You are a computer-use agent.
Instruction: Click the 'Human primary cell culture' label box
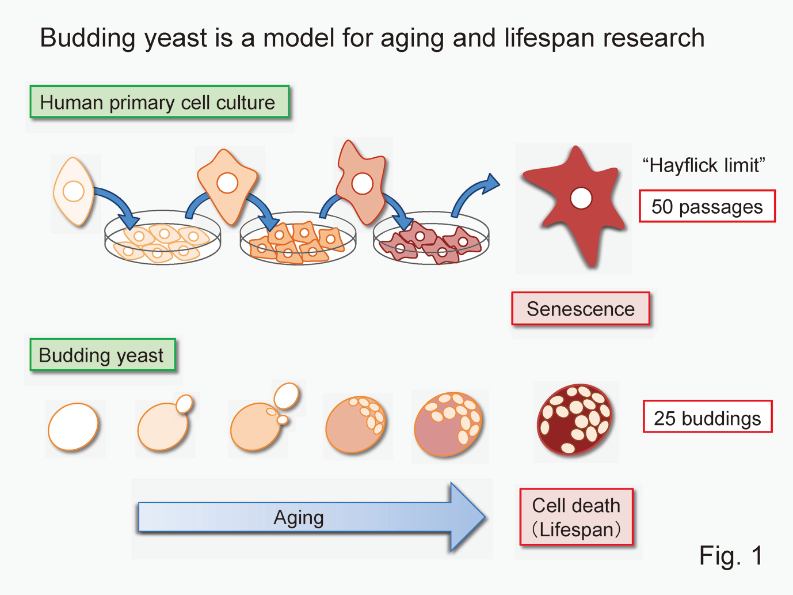point(159,103)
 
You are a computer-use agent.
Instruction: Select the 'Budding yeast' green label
point(102,355)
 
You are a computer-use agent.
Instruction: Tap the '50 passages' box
point(707,206)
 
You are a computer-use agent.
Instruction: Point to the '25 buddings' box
point(707,418)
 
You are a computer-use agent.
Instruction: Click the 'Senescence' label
point(580,309)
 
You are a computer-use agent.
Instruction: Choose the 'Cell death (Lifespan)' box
point(576,517)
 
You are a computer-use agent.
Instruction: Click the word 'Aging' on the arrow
point(298,517)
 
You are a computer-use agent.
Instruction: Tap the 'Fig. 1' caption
point(731,555)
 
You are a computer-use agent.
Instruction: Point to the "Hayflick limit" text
point(703,165)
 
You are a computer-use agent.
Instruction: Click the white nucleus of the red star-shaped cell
point(581,198)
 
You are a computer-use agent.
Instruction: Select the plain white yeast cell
point(74,427)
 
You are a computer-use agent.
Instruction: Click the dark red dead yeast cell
point(574,419)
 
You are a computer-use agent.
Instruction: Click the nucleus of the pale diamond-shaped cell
point(74,191)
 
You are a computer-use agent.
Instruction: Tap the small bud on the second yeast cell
point(184,403)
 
